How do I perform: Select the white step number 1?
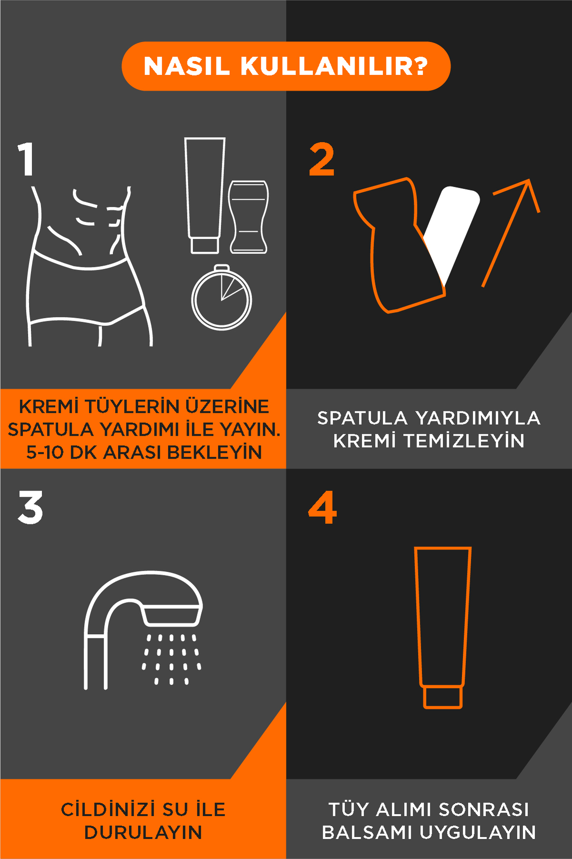(26, 159)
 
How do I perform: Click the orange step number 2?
(322, 160)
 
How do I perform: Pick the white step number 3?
(31, 508)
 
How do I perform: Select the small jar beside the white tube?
(248, 217)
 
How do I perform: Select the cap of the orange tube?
(443, 697)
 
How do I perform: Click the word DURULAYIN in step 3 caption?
(143, 833)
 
